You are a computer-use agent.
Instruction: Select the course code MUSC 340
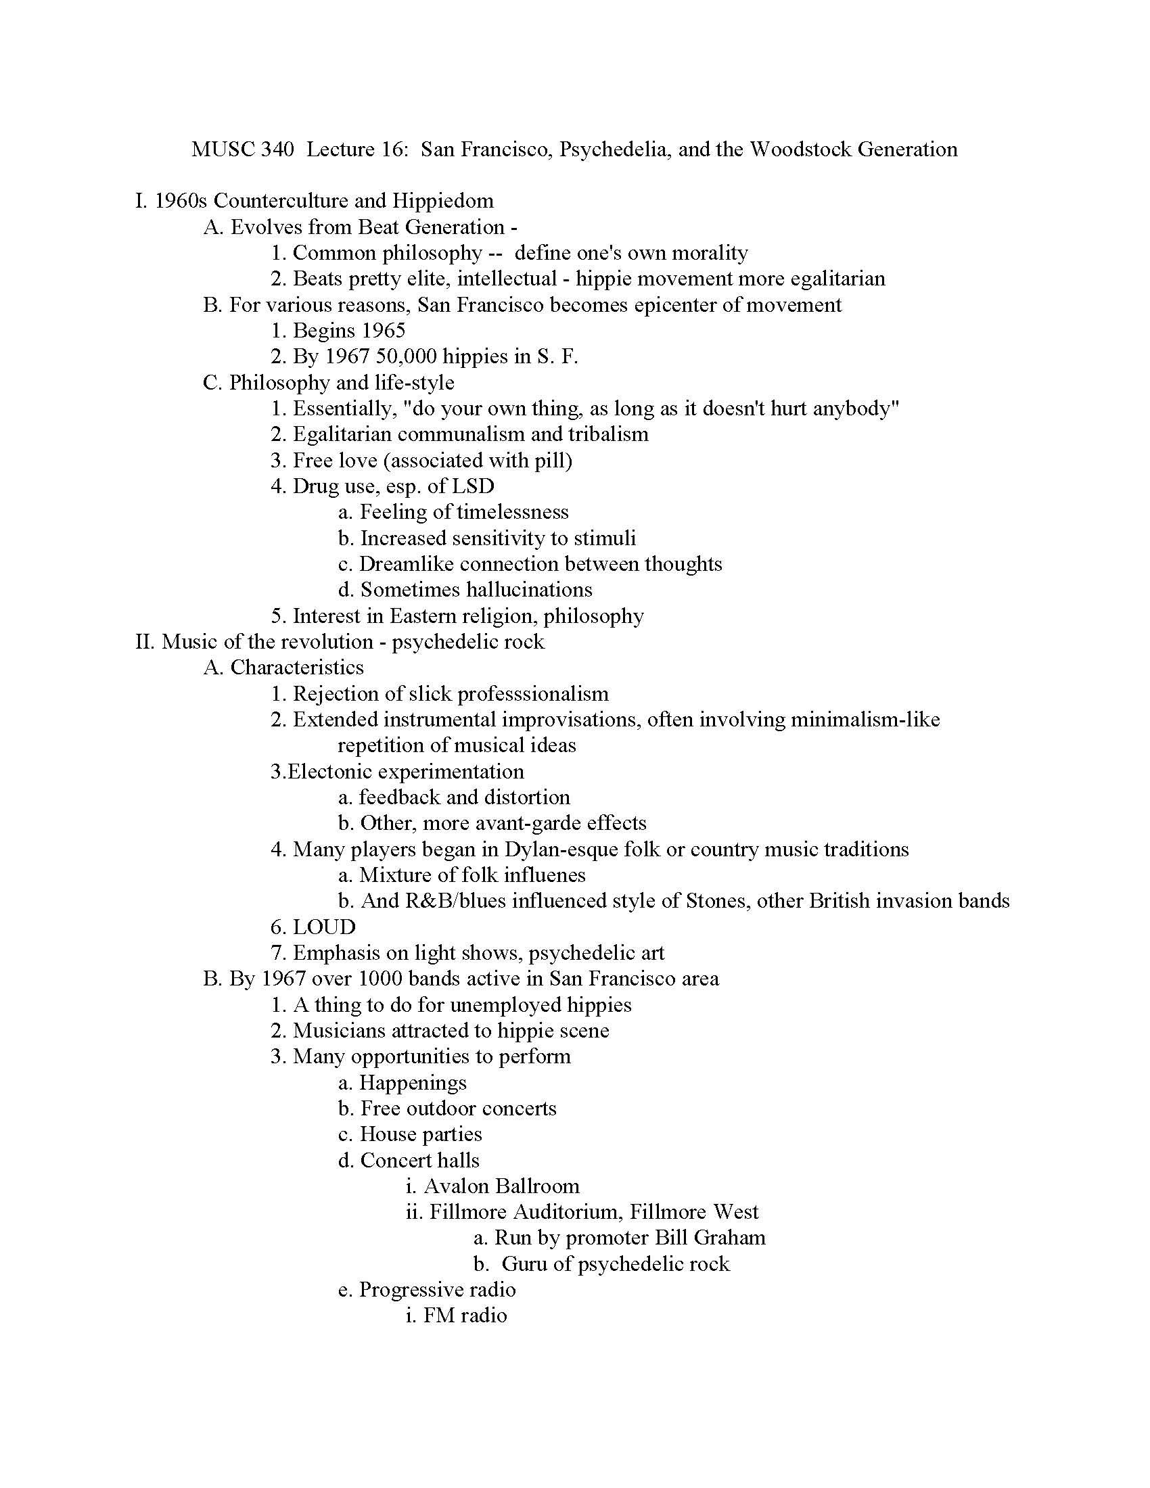pos(243,149)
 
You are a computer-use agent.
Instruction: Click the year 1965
pos(384,331)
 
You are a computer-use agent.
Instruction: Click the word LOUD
pos(324,927)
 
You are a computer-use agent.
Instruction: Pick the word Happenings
pos(413,1083)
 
